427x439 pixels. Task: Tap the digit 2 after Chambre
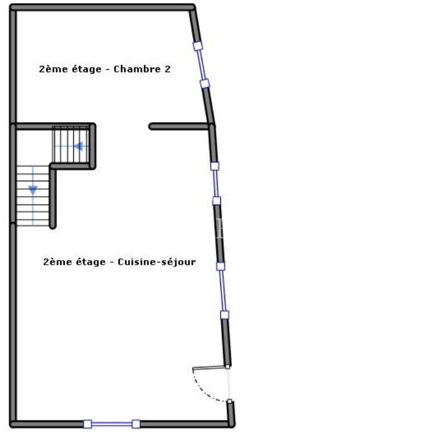tap(167, 69)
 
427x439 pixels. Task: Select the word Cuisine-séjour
tap(157, 262)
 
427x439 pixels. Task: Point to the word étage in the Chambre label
tap(86, 69)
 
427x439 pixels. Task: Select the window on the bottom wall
tap(112, 424)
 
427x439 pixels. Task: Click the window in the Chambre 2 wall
tap(201, 65)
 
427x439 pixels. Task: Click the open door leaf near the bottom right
tap(209, 368)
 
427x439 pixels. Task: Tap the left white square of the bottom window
tap(88, 424)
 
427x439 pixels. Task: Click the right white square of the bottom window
tap(136, 424)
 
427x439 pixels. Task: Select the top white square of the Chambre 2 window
tap(197, 46)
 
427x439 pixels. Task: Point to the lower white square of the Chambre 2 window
tap(205, 83)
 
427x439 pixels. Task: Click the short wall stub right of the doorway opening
tap(179, 126)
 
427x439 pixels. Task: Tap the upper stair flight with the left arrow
tap(71, 145)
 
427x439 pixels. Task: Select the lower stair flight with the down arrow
tap(33, 196)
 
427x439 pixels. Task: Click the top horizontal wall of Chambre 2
tap(102, 7)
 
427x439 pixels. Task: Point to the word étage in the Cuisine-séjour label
tap(91, 262)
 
